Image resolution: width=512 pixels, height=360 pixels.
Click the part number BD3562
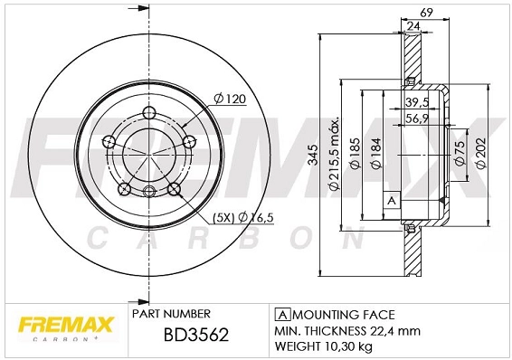[x=196, y=335]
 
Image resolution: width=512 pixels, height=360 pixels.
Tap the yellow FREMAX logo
[x=66, y=325]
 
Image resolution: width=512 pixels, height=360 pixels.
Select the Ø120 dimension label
[x=229, y=99]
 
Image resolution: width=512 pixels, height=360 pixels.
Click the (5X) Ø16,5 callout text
[x=243, y=217]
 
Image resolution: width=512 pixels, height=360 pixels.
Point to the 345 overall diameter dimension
[x=312, y=155]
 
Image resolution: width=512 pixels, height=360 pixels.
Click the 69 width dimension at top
[x=426, y=13]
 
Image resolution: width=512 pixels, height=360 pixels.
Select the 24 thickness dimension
[x=413, y=26]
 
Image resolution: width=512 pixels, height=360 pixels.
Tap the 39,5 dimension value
[x=417, y=102]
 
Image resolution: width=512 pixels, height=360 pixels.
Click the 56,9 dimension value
[x=417, y=118]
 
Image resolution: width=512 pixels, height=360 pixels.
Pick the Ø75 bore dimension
[x=460, y=153]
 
